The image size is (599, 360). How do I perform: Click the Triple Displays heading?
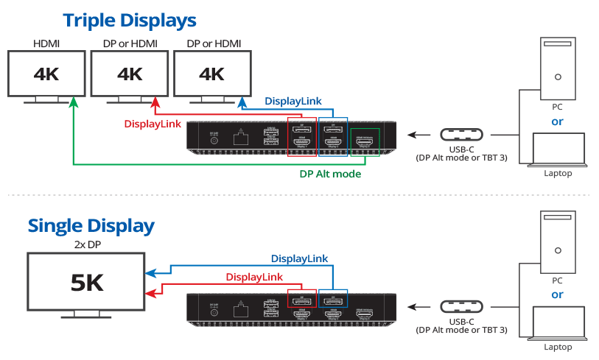point(129,20)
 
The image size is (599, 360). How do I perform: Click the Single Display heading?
point(91,225)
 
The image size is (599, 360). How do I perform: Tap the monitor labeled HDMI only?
point(46,74)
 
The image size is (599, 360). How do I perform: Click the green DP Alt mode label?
point(329,174)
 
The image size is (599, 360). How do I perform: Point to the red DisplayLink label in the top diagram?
point(153,124)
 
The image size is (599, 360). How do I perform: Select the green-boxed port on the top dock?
point(366,142)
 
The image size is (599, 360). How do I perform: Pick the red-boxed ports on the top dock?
point(301,135)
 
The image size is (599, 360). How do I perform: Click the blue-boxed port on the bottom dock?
point(332,299)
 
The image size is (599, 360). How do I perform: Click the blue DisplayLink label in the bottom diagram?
point(300,258)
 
